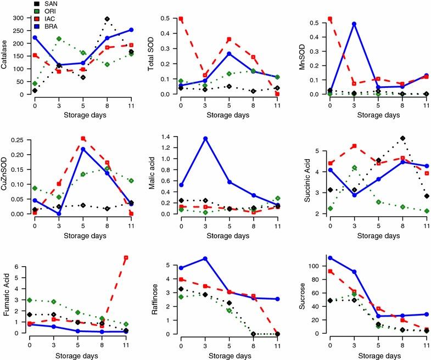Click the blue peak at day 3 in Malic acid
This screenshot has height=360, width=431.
point(205,138)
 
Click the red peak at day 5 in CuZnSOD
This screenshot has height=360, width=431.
point(83,139)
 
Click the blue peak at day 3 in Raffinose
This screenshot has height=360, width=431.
point(205,258)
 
